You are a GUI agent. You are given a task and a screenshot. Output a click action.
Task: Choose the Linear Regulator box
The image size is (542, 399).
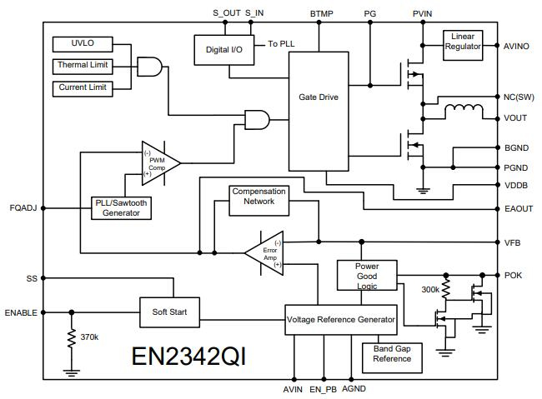click(x=463, y=42)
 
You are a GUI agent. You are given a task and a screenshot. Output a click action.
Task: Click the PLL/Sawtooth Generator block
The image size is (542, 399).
click(x=122, y=207)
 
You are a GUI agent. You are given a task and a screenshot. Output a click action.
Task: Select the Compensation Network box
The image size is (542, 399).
click(x=258, y=197)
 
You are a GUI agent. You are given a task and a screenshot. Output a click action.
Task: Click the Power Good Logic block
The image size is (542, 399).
click(x=368, y=275)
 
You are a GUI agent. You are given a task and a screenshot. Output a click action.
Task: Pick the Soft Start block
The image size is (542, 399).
click(x=169, y=312)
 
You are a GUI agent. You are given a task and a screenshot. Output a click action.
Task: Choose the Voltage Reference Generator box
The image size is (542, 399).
click(x=340, y=320)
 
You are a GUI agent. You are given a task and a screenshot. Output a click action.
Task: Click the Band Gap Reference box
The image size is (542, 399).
click(x=392, y=354)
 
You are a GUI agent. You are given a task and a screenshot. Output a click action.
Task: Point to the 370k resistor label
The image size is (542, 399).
click(x=89, y=337)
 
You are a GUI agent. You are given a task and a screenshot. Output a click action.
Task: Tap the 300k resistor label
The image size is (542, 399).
click(x=431, y=289)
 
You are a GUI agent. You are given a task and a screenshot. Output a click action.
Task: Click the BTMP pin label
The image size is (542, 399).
click(x=322, y=14)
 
